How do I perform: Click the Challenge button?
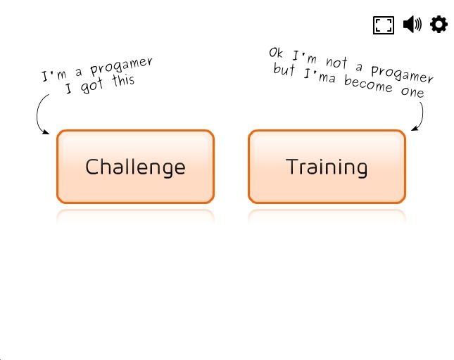click(x=136, y=167)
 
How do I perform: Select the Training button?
click(x=327, y=167)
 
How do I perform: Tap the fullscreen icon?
click(x=384, y=25)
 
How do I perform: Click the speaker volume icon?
click(x=412, y=25)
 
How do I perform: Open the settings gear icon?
click(x=439, y=25)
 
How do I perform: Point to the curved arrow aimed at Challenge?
click(x=37, y=113)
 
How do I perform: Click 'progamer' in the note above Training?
click(x=402, y=74)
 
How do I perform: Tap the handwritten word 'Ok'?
click(x=275, y=53)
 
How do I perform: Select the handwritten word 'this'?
click(x=123, y=80)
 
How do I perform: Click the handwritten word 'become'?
click(x=368, y=84)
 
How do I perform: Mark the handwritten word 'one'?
click(x=412, y=92)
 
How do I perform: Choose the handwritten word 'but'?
click(x=284, y=69)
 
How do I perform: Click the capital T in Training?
click(x=292, y=166)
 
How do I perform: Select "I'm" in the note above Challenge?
click(x=54, y=75)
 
